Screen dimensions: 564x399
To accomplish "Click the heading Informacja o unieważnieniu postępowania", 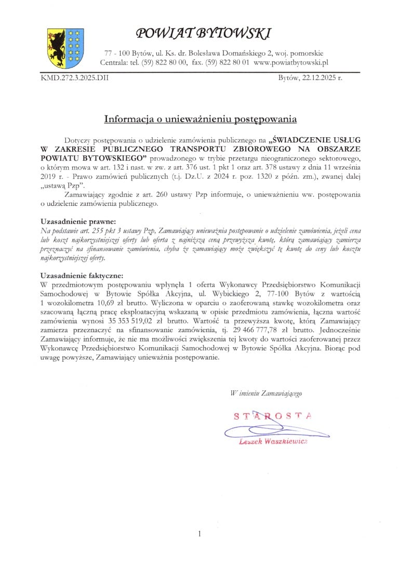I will [200, 119].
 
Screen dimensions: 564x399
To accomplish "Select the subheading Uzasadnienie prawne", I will [78, 221].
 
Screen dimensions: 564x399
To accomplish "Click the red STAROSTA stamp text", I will [273, 416].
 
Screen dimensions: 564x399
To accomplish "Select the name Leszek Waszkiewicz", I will [273, 441].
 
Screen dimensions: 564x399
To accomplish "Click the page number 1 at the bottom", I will [199, 533].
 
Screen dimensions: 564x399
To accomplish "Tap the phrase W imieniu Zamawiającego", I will [266, 394].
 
